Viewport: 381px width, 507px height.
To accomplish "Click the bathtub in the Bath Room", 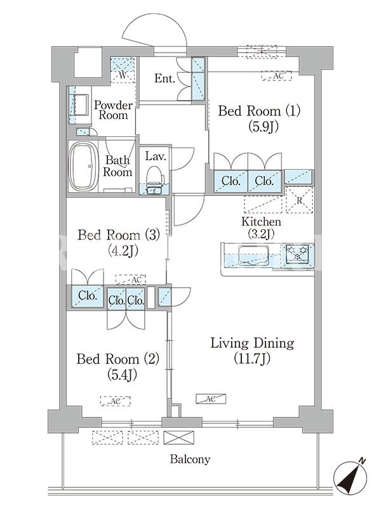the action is click(84, 167).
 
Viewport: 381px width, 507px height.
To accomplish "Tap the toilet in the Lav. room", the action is click(154, 178).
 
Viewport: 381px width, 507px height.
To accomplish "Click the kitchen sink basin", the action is click(252, 255).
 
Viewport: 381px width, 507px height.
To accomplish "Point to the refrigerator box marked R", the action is click(300, 200).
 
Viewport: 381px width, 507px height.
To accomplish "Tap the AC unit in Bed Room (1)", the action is click(277, 76).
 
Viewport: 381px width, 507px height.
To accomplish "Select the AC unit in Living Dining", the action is click(211, 399).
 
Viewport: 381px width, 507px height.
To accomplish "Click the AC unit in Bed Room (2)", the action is click(116, 401).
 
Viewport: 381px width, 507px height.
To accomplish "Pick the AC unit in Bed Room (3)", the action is click(131, 279).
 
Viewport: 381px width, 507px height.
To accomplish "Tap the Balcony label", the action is click(190, 459).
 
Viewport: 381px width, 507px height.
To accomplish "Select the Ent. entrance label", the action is click(164, 78).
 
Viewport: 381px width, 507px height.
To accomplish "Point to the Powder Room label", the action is click(114, 110).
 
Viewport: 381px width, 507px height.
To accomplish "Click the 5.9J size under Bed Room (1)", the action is click(264, 126).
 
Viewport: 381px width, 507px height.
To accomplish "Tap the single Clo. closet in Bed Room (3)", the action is click(87, 295).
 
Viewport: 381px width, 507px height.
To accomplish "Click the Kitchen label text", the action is click(262, 222).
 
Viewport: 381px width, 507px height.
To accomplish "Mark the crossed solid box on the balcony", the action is click(179, 437).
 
